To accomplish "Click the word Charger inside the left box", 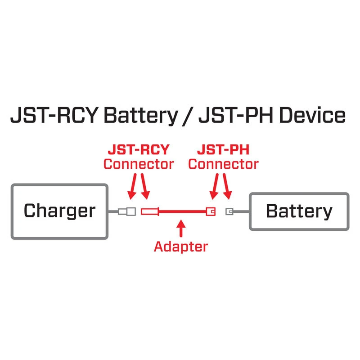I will click(x=59, y=211).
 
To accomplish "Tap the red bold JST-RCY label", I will click(x=138, y=149).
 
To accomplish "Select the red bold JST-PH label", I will click(x=224, y=149).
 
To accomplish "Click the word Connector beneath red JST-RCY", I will click(x=138, y=164).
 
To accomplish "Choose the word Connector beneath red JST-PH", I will click(x=224, y=164).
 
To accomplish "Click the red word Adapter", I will click(x=181, y=246).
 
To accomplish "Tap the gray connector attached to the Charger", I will click(x=127, y=211).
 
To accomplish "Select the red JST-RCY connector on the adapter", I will click(x=150, y=211).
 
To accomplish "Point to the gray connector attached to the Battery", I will click(x=229, y=211).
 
